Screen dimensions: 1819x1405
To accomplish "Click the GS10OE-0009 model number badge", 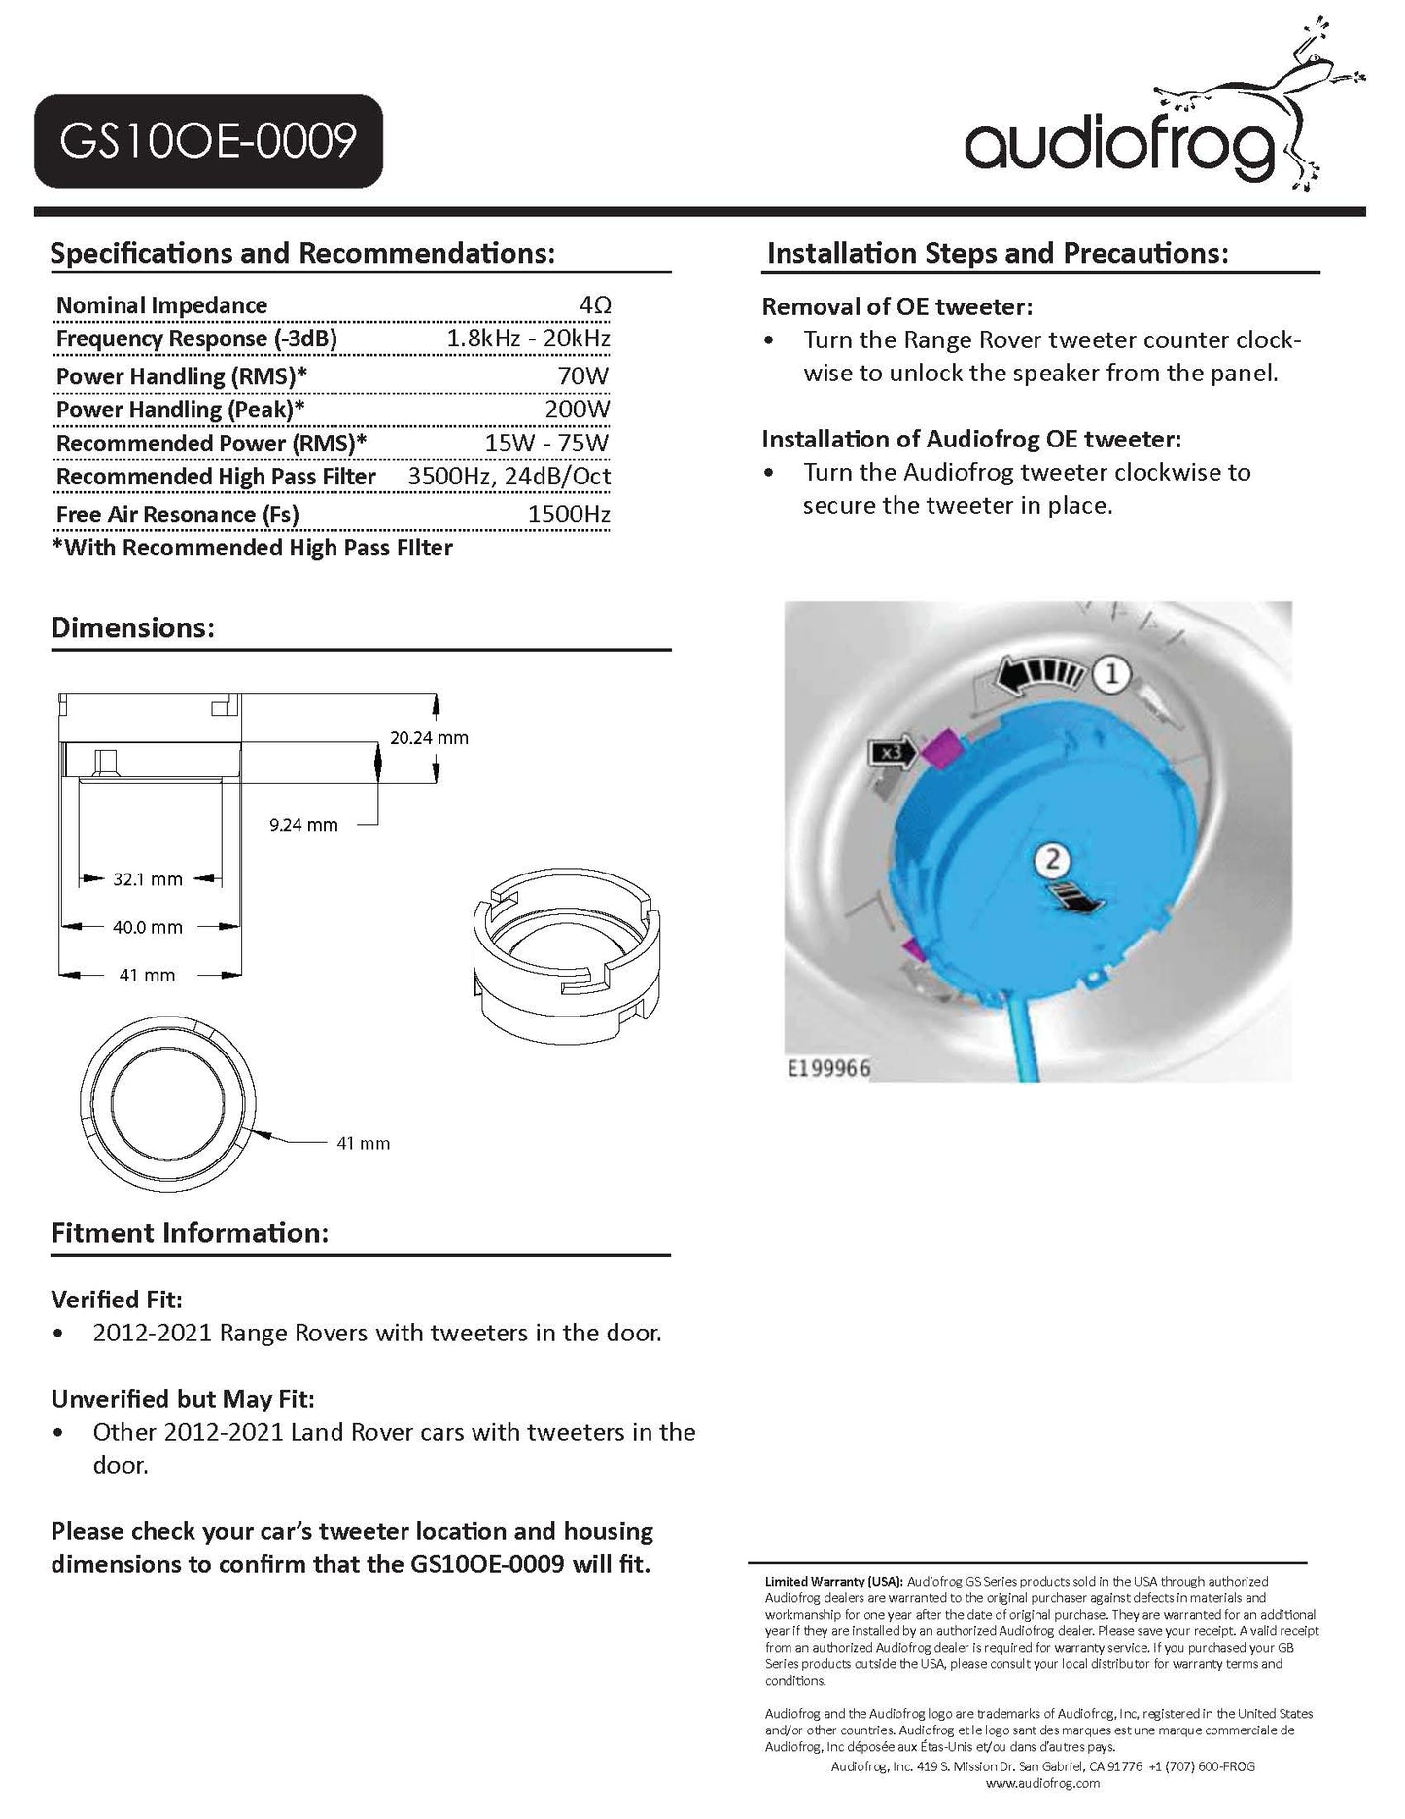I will click(208, 141).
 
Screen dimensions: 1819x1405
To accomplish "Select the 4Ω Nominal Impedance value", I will click(594, 305).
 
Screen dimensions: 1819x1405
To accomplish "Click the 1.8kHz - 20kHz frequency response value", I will click(528, 339).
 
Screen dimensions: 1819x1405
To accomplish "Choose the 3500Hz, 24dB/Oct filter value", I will click(509, 477).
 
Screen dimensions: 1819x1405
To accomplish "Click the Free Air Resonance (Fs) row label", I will click(177, 515).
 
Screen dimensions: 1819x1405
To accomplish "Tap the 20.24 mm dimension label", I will click(429, 738).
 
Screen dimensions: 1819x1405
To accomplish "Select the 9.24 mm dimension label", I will click(303, 825).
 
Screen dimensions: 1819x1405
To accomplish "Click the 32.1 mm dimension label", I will click(148, 879).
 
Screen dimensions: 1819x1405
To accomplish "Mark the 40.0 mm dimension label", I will click(148, 927).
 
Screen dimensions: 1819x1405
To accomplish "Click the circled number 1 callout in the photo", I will click(1111, 673).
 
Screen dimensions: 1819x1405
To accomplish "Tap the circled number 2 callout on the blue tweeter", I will click(1053, 859).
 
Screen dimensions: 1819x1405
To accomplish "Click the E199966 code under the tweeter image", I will click(828, 1068).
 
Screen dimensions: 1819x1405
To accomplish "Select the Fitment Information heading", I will click(190, 1233).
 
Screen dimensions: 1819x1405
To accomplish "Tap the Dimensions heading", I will click(132, 627).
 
